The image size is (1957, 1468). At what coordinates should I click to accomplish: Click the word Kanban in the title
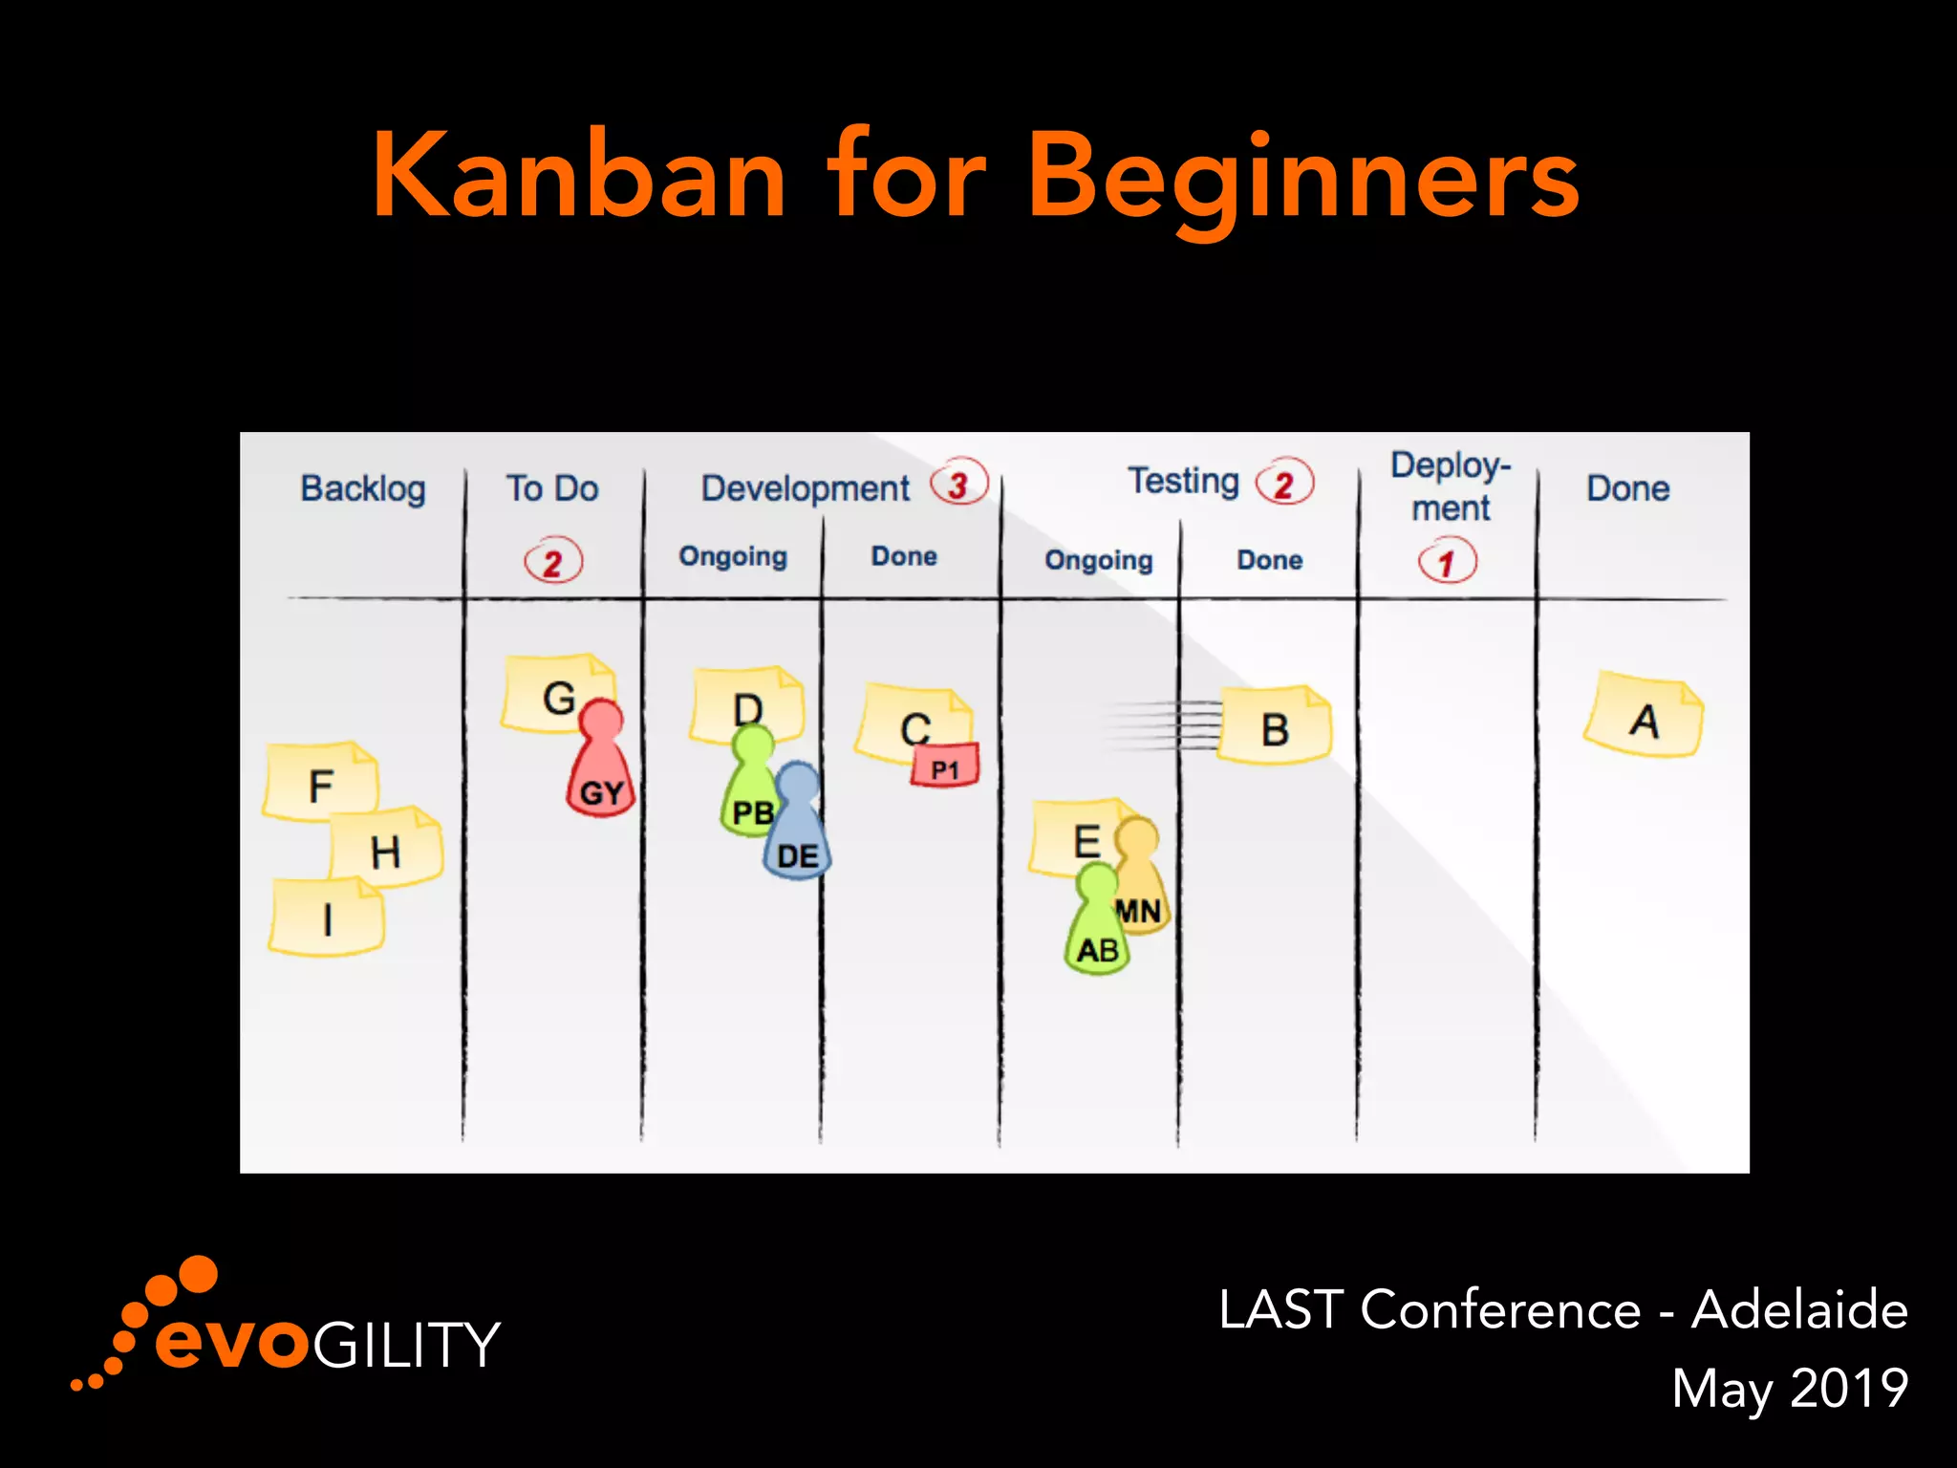click(x=579, y=177)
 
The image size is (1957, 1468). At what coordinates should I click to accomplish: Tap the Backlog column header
click(x=362, y=488)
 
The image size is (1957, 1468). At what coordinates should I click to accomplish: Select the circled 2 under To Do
click(x=553, y=562)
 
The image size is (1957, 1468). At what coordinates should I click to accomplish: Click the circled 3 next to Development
click(x=958, y=485)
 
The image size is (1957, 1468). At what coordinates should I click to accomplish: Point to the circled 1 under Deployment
click(x=1447, y=562)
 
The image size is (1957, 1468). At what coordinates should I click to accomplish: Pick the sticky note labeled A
click(x=1644, y=717)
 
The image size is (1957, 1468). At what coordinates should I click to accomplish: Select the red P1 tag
click(x=944, y=766)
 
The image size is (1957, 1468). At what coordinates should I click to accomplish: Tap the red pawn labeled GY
click(x=600, y=765)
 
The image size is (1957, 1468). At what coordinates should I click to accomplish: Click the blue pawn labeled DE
click(x=798, y=831)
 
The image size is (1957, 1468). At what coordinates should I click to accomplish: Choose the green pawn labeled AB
click(x=1097, y=927)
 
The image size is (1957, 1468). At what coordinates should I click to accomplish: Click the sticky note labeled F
click(x=320, y=782)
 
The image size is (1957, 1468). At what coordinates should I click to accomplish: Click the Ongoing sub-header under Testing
click(x=1098, y=560)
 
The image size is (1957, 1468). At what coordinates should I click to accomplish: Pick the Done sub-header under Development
click(x=903, y=556)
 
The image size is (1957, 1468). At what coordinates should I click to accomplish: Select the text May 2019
click(x=1789, y=1388)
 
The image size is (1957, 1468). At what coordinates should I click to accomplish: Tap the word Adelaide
click(x=1798, y=1309)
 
